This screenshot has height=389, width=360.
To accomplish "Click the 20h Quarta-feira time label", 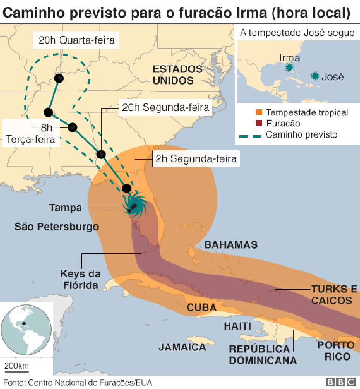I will click(x=76, y=40).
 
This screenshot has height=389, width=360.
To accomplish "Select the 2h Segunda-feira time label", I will click(x=196, y=158).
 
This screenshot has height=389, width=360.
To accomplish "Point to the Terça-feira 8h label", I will click(x=32, y=133).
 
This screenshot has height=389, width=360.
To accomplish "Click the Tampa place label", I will click(x=65, y=208).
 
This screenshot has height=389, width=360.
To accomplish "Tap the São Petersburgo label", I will click(x=57, y=227).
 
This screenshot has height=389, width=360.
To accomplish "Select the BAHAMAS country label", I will click(x=231, y=245).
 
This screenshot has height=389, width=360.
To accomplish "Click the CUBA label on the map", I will click(x=202, y=308).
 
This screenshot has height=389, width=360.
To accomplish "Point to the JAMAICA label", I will click(x=182, y=347).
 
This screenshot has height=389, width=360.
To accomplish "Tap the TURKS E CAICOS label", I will click(x=332, y=295).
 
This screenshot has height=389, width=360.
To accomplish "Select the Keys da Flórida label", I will click(x=79, y=279).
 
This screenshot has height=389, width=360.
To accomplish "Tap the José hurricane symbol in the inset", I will click(x=315, y=76).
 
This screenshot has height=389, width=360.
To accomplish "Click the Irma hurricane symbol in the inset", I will click(x=289, y=68).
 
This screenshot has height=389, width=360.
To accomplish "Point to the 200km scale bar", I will click(x=16, y=371).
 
